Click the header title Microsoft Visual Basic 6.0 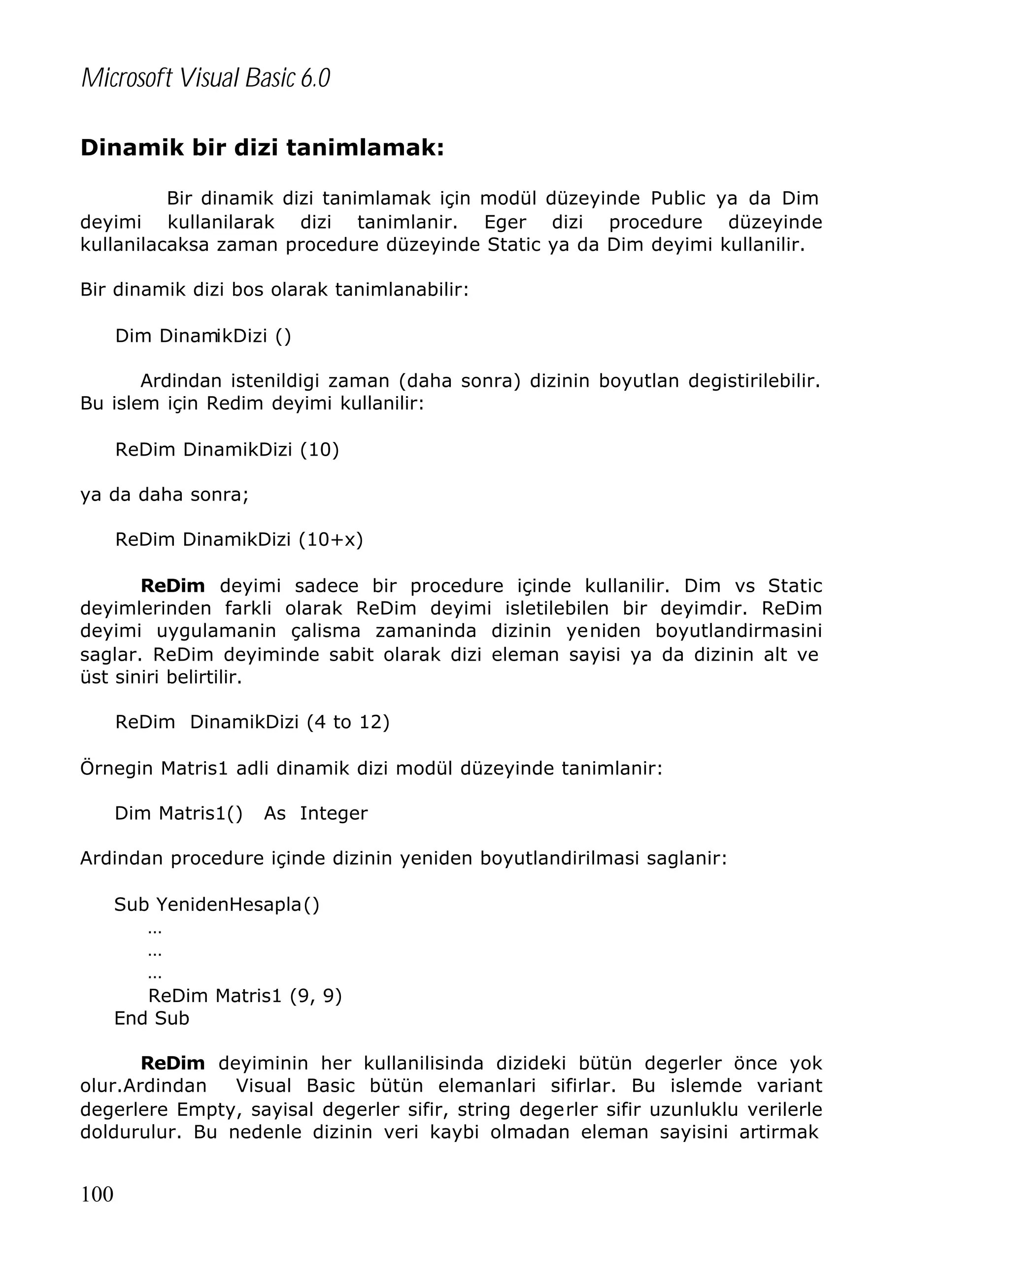point(205,78)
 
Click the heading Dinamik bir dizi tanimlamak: point(262,148)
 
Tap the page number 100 point(97,1193)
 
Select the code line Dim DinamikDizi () point(202,336)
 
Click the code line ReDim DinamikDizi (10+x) point(238,539)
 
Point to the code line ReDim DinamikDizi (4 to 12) point(252,722)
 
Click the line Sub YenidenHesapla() point(216,904)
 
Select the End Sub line point(151,1018)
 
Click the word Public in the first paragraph point(677,199)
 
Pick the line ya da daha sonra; point(164,494)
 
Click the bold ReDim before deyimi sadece point(172,586)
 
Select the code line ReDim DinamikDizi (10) point(227,449)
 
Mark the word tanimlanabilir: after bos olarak point(402,290)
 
